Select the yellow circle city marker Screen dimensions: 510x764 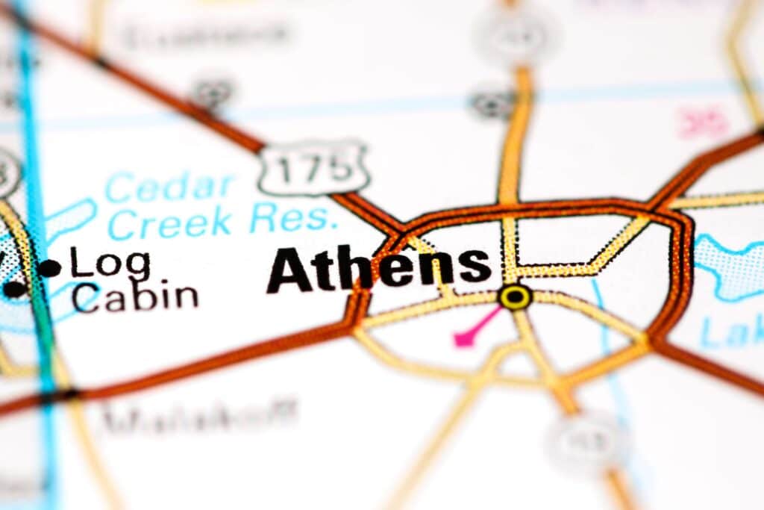[x=516, y=296]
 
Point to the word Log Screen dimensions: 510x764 [x=110, y=264]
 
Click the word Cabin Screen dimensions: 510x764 [x=135, y=296]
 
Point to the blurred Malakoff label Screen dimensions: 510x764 [x=199, y=416]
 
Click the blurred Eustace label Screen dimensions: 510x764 [x=205, y=34]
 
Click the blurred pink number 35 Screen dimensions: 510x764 [x=703, y=123]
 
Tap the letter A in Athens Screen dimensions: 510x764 [x=289, y=270]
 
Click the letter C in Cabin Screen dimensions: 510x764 [x=87, y=297]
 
